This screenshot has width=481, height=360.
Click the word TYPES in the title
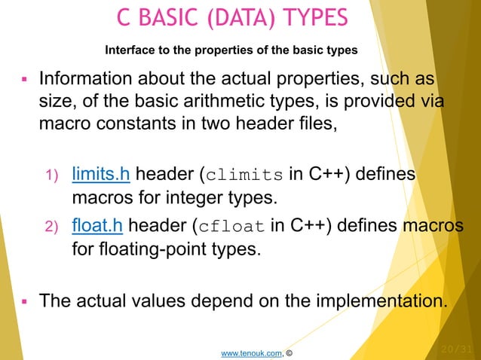coord(311,17)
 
